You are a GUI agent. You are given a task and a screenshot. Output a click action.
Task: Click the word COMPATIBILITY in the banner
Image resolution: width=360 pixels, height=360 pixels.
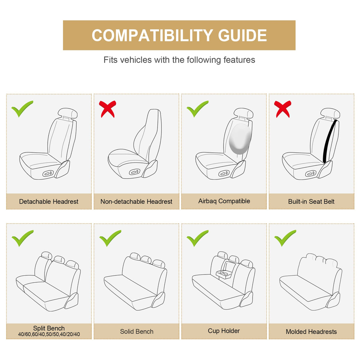pos(152,35)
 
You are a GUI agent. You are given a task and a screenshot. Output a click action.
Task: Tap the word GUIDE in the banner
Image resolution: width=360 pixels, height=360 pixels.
pos(242,35)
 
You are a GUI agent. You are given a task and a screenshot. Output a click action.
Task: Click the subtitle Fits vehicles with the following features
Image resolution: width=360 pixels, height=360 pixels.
pos(179,60)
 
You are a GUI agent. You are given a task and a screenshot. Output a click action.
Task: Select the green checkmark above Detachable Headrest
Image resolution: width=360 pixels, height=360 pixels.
pos(22,109)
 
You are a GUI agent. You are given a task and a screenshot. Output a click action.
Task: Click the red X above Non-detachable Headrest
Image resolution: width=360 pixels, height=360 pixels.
pos(107,109)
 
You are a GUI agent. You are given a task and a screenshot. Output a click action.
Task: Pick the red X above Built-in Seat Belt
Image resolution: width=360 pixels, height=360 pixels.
pos(283,109)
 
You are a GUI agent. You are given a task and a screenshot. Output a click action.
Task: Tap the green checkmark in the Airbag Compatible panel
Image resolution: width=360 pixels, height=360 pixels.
pos(197,109)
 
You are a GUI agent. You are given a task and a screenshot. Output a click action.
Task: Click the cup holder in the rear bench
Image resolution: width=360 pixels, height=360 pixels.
pos(224,274)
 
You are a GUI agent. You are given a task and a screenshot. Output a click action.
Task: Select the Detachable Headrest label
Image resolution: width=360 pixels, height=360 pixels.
pos(49,201)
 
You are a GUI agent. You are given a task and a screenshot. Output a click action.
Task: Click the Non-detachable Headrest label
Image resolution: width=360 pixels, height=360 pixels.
pos(136,201)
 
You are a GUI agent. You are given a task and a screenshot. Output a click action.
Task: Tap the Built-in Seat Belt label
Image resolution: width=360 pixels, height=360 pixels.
pos(311,201)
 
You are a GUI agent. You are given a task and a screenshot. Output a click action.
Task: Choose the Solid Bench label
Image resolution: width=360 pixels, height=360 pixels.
pos(136,331)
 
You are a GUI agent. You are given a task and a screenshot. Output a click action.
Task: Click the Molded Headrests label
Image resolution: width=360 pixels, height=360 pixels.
pos(311,331)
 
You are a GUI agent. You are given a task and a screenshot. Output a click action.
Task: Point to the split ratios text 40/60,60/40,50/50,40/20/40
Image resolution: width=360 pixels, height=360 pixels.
pos(49,334)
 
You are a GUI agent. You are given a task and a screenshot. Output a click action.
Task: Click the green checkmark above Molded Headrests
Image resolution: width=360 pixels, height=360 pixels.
pos(285,238)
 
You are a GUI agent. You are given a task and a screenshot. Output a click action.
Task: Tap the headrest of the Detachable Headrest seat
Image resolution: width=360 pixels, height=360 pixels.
pos(67,113)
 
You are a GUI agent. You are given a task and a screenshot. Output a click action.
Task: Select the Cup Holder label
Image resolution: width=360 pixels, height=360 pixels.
pos(223,331)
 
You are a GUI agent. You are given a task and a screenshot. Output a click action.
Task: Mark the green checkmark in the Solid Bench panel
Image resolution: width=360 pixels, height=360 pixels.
pos(110,238)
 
